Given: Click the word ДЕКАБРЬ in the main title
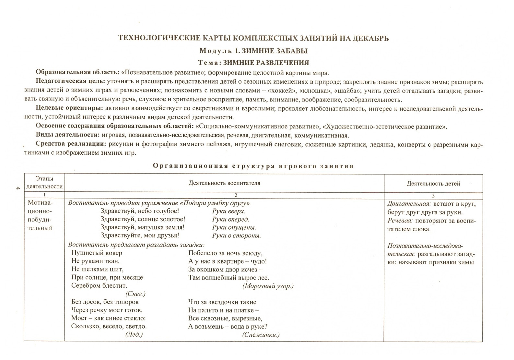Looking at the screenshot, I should pos(370,38).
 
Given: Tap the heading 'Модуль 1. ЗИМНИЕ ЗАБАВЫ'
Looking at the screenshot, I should pos(253,51).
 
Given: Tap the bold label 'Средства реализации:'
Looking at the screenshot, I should pos(71,144).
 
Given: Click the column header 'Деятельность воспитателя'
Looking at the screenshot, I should pos(224,183).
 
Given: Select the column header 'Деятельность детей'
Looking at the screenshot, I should pos(433,184).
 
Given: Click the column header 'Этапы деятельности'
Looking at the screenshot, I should pos(44,183).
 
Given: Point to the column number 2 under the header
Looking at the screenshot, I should pos(236,195).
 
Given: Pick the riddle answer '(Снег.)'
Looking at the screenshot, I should pos(135,294).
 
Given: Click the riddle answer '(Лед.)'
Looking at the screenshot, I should pos(134,334).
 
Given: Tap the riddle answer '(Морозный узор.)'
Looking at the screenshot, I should pos(268,286).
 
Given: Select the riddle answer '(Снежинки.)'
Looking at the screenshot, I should pos(261,335).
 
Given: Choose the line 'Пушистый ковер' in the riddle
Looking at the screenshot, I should pos(97,253).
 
